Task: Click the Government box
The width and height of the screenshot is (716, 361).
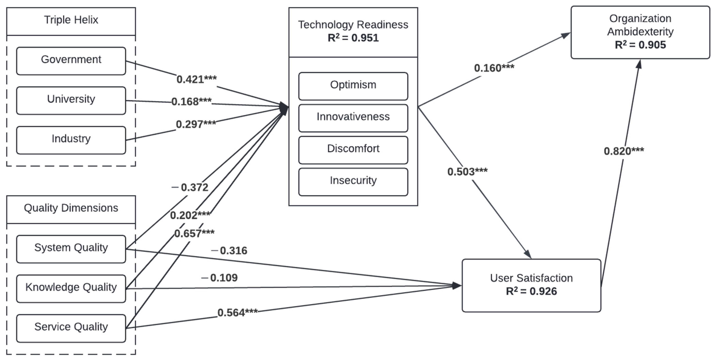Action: point(71,61)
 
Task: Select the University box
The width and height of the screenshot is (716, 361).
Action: point(71,100)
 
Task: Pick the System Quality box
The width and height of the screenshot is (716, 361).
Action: point(71,249)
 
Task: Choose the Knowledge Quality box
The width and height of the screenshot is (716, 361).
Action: point(71,288)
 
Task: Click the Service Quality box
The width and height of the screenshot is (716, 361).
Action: point(71,328)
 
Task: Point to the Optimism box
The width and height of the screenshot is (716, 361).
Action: point(353,86)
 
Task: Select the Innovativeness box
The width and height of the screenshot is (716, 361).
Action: point(353,118)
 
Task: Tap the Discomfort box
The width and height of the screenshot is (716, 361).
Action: point(353,150)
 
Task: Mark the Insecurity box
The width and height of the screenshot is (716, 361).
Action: point(353,182)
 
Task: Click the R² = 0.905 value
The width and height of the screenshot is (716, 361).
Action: point(640,45)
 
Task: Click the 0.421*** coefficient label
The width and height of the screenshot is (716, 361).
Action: point(196,80)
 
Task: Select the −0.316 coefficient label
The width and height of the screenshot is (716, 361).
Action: point(229,251)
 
